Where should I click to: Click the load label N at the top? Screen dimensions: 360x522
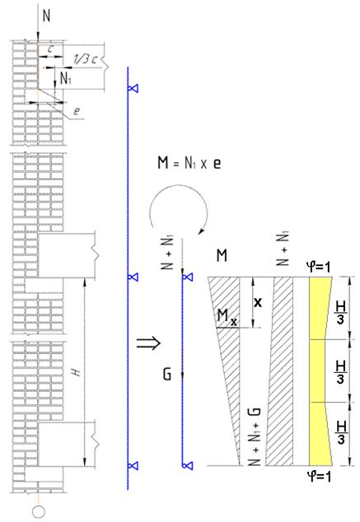click(47, 16)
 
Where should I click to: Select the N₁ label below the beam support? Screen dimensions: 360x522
click(66, 78)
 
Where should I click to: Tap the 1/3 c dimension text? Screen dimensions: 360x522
click(85, 59)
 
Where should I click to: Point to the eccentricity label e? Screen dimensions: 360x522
click(77, 110)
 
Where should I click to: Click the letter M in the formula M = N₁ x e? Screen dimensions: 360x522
click(163, 163)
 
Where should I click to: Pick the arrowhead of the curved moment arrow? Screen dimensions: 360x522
click(201, 231)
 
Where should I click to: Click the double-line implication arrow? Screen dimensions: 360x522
click(148, 343)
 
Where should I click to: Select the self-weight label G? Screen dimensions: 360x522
click(167, 374)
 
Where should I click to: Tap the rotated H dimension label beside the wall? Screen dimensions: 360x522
click(77, 371)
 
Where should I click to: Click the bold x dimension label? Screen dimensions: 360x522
click(257, 302)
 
